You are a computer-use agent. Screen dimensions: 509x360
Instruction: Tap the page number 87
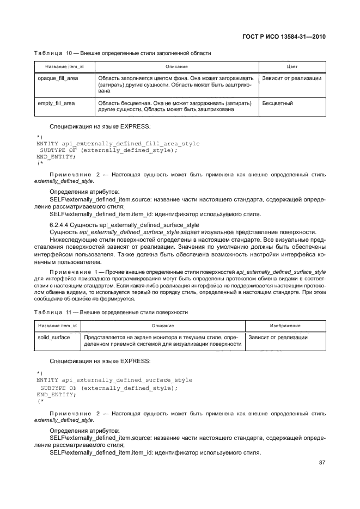[321, 463]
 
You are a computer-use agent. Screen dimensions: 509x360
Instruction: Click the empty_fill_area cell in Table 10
[56, 102]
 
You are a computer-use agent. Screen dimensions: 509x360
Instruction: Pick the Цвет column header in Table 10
[292, 66]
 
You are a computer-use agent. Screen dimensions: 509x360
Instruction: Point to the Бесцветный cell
[278, 102]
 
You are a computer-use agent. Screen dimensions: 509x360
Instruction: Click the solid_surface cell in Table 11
[53, 338]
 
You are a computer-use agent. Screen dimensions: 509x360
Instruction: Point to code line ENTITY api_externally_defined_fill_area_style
[118, 144]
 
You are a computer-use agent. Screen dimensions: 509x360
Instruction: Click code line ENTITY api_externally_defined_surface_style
[114, 380]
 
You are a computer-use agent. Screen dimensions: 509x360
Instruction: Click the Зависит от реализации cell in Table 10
[291, 78]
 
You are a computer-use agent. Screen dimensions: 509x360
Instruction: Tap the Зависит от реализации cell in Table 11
[278, 338]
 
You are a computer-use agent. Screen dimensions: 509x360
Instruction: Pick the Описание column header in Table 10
[174, 66]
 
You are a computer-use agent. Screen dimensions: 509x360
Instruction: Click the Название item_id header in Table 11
[57, 326]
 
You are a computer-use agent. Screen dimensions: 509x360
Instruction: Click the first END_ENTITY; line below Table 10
[55, 156]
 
